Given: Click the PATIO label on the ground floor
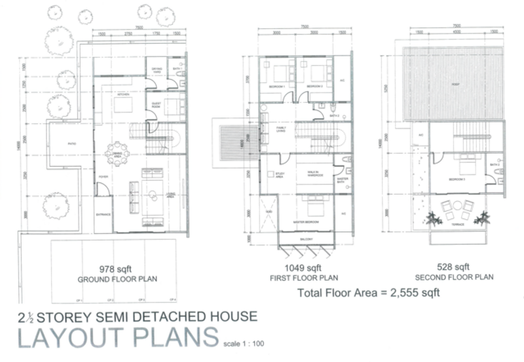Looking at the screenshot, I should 64,142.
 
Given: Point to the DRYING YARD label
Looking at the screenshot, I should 157,69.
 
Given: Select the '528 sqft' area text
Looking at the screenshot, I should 457,267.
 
